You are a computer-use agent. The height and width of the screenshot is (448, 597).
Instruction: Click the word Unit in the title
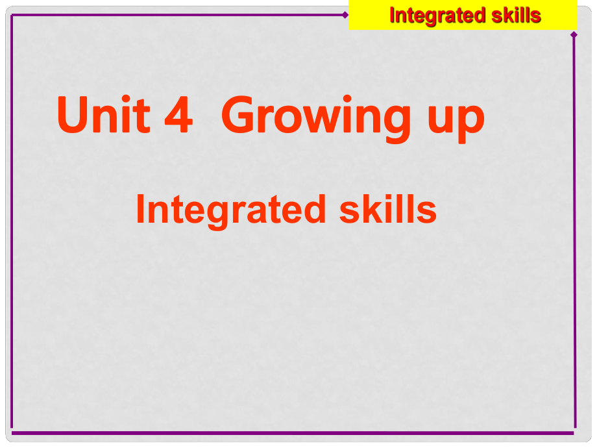pyautogui.click(x=104, y=114)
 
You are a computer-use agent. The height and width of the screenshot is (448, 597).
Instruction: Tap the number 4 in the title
pyautogui.click(x=178, y=115)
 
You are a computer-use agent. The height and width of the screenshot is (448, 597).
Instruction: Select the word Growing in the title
pyautogui.click(x=316, y=118)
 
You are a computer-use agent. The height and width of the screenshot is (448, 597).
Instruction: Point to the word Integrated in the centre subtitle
pyautogui.click(x=231, y=211)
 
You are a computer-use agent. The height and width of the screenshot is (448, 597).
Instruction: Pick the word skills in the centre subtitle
pyautogui.click(x=388, y=209)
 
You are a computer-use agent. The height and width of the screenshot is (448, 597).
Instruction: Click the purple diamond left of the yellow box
pyautogui.click(x=345, y=15)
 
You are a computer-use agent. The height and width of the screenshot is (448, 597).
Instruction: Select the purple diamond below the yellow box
pyautogui.click(x=574, y=34)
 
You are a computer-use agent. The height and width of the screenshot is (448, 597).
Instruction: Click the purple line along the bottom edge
pyautogui.click(x=293, y=433)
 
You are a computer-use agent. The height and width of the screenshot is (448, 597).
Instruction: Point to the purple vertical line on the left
pyautogui.click(x=12, y=221)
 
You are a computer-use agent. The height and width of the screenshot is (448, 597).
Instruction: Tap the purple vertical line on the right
pyautogui.click(x=574, y=231)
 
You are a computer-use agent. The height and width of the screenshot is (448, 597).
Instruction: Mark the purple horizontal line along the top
pyautogui.click(x=177, y=15)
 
